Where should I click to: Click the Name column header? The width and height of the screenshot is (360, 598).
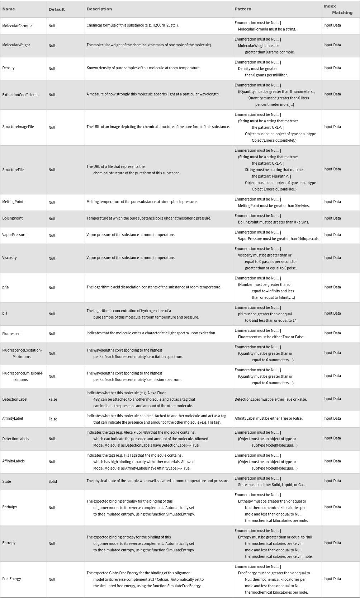pos(9,9)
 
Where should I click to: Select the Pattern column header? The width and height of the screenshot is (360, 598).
pos(243,9)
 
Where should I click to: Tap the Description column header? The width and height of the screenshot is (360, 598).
pos(99,9)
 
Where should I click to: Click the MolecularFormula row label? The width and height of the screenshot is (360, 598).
pos(17,26)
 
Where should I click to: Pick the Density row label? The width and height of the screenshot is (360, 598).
pos(9,68)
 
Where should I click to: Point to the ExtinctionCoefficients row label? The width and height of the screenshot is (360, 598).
pos(20,95)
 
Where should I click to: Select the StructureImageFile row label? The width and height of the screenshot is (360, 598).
pos(18,127)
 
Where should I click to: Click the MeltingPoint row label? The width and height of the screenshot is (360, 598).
pos(13,202)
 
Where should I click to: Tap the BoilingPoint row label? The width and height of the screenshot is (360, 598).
pos(13,218)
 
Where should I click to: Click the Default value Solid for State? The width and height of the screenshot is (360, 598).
pos(53,481)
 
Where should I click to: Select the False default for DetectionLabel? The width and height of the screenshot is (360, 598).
pos(53,399)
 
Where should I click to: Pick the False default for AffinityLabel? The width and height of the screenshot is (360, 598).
pos(53,419)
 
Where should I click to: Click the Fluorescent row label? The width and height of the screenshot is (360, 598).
pos(12,334)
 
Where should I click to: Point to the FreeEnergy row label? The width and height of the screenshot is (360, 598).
pos(11,579)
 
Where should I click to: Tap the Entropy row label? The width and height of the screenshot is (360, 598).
pos(9,543)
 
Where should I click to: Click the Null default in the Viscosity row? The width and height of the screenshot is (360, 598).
pos(52,258)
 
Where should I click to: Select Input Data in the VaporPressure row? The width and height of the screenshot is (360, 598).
pos(332,235)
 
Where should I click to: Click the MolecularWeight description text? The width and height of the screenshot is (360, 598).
pos(149,45)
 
